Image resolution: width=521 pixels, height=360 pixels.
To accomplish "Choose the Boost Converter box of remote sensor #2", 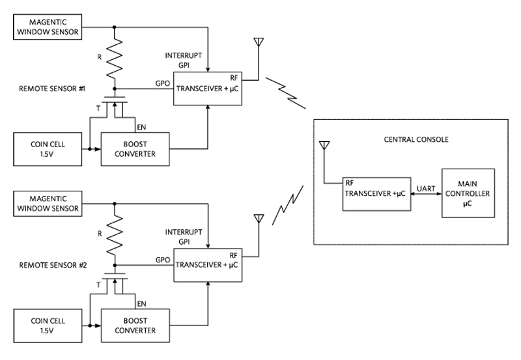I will tap(134, 324).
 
